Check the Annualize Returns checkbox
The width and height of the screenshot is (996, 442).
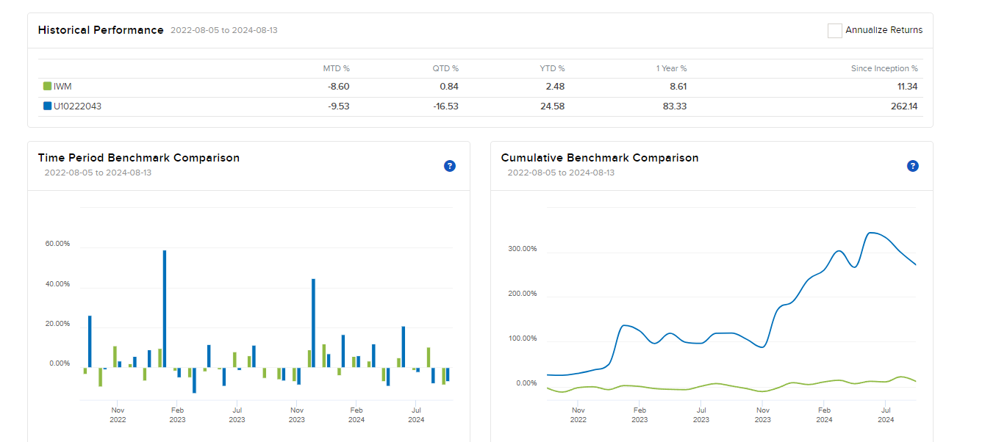pos(834,30)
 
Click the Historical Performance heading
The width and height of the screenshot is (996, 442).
pos(101,30)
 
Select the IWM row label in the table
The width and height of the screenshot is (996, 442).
pos(62,87)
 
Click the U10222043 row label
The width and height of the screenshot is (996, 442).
pos(77,106)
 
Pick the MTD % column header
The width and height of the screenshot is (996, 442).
pos(336,68)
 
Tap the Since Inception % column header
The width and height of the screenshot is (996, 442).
pos(884,68)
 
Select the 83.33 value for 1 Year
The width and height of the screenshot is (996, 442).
pos(675,106)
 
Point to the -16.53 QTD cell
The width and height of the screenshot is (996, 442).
pos(445,106)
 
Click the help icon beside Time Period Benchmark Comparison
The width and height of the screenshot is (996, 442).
pos(450,166)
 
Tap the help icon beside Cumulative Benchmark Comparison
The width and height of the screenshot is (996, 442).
pos(912,166)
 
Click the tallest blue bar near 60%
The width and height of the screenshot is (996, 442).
pos(164,308)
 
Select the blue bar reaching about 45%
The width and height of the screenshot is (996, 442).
pos(313,323)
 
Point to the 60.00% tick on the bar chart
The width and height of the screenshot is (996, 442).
pos(57,244)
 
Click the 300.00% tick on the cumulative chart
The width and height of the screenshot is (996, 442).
pos(522,249)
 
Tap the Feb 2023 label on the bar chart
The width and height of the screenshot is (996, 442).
pos(177,415)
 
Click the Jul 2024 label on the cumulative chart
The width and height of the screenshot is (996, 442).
pos(886,415)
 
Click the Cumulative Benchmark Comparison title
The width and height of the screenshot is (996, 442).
pos(599,158)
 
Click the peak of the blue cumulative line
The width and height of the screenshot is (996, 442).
pos(871,233)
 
